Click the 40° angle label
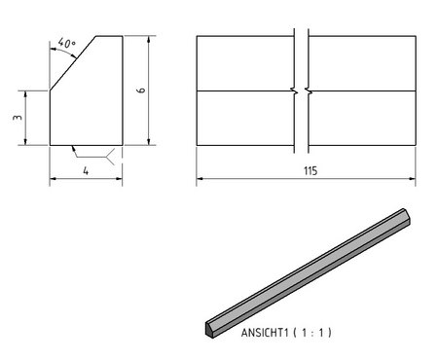67,43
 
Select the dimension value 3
18,117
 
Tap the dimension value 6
141,90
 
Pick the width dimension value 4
86,170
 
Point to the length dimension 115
310,171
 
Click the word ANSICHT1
265,333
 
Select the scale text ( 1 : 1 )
312,333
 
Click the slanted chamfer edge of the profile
73,63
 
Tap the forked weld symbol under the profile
110,157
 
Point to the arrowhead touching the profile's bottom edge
73,148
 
